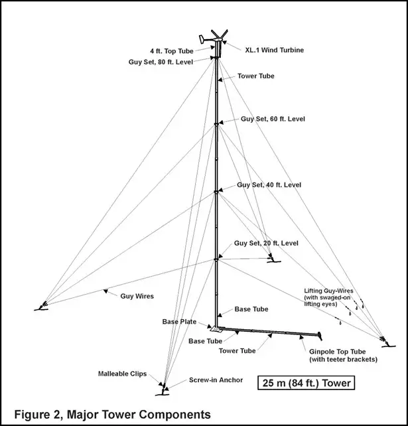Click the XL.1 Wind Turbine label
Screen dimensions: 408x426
(x=275, y=50)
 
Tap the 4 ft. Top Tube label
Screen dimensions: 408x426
(x=172, y=51)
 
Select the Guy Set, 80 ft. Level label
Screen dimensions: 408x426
(x=161, y=62)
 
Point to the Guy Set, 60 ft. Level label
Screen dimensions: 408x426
(x=273, y=119)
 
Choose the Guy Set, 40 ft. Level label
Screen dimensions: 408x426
(x=269, y=185)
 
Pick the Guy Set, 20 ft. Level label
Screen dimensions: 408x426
(x=266, y=243)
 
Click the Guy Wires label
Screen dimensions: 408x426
(x=137, y=296)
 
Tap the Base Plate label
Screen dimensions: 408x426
(x=179, y=322)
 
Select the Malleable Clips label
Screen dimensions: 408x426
(x=122, y=374)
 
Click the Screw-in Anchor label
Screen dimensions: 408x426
(x=216, y=380)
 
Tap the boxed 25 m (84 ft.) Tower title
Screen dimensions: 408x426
(x=306, y=383)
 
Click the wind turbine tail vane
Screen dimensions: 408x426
(x=202, y=39)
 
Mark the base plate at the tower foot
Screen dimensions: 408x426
(x=216, y=329)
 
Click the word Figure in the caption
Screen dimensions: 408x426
(x=31, y=415)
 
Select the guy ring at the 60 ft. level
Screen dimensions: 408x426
(x=216, y=125)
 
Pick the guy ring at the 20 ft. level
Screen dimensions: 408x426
(x=216, y=259)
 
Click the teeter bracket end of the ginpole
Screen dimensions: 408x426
(x=320, y=336)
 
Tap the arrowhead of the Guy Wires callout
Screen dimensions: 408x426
(x=105, y=291)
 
